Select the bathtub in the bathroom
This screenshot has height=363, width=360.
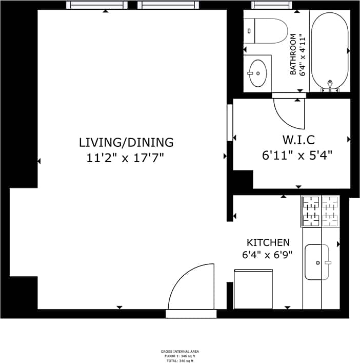330,49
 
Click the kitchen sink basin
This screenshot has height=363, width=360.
317,262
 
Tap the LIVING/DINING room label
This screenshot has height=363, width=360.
126,142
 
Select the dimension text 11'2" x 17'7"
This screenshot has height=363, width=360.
126,158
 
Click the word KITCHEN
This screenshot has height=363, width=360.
268,242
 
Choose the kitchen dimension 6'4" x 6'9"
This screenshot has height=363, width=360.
268,255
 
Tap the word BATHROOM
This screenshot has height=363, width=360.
294,55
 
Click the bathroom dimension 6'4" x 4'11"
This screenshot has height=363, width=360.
303,55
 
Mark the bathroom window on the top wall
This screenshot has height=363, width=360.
276,5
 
